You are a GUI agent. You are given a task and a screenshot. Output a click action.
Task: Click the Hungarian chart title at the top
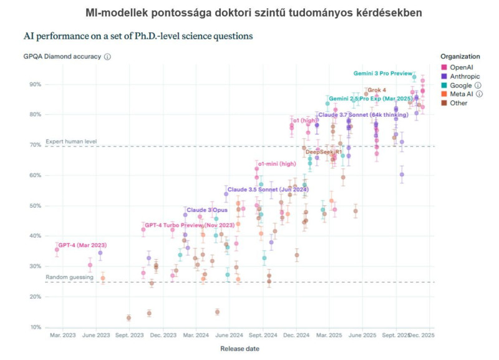point(249,13)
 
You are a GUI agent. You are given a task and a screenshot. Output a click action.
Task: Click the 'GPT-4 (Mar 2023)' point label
point(82,245)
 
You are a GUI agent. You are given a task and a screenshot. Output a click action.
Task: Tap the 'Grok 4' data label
point(377,90)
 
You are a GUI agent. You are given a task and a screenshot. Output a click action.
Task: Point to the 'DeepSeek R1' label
point(323,152)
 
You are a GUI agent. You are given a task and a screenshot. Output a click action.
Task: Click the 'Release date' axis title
point(240,349)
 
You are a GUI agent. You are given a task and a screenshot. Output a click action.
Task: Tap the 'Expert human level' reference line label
point(71,142)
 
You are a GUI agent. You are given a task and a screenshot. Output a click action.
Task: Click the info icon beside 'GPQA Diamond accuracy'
point(107,57)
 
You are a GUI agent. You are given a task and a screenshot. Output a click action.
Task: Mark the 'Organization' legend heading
point(460,56)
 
